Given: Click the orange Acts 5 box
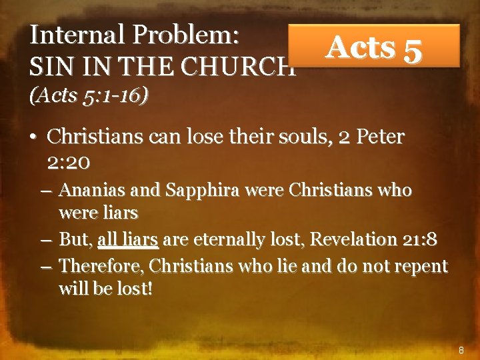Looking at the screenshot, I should (374, 47).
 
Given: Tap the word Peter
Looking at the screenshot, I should (381, 137).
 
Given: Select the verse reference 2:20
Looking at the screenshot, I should (70, 162).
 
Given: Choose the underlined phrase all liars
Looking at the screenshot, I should (127, 239).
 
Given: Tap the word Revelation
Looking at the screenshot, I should (354, 239).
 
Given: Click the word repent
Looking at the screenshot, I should (423, 266).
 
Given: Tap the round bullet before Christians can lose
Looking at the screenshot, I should (32, 138).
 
